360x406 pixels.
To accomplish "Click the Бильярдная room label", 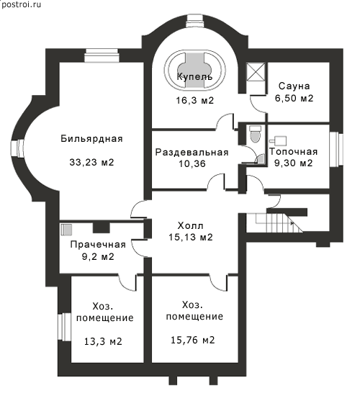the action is coord(91,139).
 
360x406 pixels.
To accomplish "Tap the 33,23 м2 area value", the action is coord(91,163).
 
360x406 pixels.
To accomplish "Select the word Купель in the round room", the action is coord(195,77).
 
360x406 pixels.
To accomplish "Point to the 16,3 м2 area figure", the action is coord(195,100).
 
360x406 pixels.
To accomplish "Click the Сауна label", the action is coord(294,86).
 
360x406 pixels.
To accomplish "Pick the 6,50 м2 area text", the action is coord(294,98).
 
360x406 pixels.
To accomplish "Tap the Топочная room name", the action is coord(294,151).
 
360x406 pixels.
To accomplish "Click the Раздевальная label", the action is coord(192,153).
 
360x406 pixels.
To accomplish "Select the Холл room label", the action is coord(191,226).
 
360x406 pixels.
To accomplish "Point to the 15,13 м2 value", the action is coord(191,237).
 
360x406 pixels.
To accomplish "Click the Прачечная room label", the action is coord(98,245).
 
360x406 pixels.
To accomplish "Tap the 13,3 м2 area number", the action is coord(103,341).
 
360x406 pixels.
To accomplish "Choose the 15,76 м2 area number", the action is coord(193,340).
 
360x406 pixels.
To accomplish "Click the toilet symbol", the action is coord(256,134).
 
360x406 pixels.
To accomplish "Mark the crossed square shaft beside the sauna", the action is coord(256,72).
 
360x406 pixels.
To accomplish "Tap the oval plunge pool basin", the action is coord(195,71).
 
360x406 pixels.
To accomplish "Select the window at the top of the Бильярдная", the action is coord(102,55).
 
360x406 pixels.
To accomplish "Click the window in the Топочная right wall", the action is coord(336,150).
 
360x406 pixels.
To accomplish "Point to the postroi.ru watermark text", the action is coord(21,4).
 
